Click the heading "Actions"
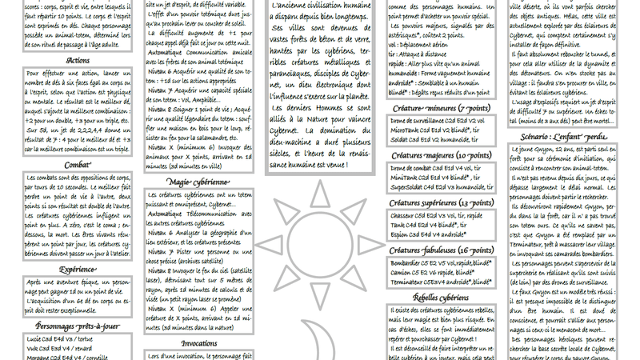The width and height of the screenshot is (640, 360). click(x=78, y=60)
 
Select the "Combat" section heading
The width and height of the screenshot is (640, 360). click(x=78, y=165)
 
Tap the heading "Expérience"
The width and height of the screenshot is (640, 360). click(x=78, y=270)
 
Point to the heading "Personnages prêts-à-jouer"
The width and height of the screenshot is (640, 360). click(x=78, y=326)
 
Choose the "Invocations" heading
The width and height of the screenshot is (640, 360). click(x=199, y=342)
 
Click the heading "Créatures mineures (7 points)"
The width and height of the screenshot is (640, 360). click(x=442, y=108)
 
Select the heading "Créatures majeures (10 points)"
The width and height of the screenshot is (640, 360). click(x=442, y=155)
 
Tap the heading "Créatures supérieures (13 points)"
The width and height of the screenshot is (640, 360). click(x=442, y=202)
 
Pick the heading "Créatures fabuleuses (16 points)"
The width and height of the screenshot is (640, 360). click(x=442, y=250)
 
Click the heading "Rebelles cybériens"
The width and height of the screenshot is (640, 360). click(x=442, y=298)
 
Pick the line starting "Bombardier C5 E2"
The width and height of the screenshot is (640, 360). click(x=441, y=262)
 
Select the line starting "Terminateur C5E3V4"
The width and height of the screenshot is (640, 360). click(x=441, y=282)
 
